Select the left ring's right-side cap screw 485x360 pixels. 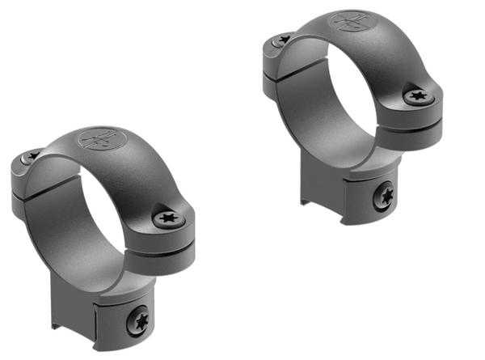coord(168,217)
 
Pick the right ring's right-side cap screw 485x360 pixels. coord(420,95)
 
